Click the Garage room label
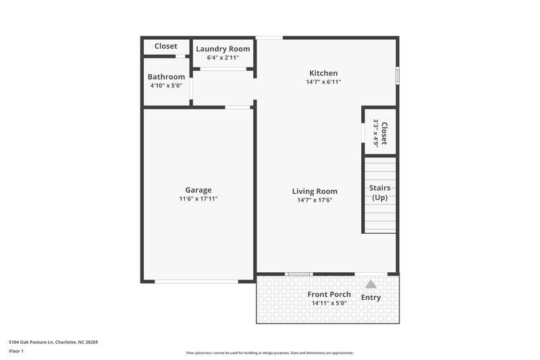198,190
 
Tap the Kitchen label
323,73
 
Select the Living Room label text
315,191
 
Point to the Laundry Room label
223,49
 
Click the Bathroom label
166,77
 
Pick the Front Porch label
329,294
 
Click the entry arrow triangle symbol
371,285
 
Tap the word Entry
371,297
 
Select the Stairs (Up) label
380,192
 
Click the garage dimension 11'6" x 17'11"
198,199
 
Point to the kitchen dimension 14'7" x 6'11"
323,82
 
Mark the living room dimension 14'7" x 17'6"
315,200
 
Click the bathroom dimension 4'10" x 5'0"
166,85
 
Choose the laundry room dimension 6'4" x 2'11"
223,57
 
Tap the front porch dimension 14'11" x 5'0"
329,303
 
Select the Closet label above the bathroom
166,46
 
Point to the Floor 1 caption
16,351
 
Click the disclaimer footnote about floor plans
270,353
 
